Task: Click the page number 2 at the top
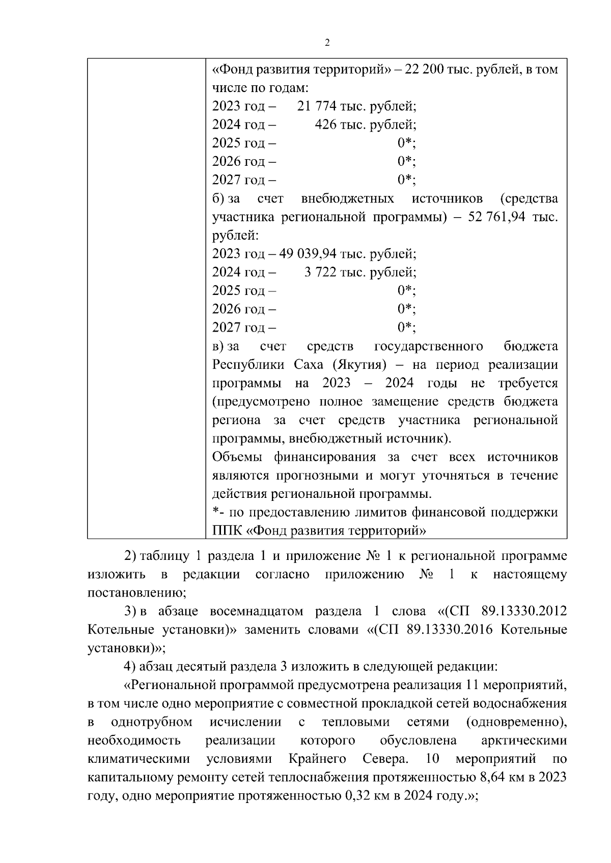327,43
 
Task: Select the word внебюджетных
347,199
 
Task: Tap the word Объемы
237,457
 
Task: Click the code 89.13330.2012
524,611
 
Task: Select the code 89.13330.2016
450,630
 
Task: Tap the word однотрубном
151,722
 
